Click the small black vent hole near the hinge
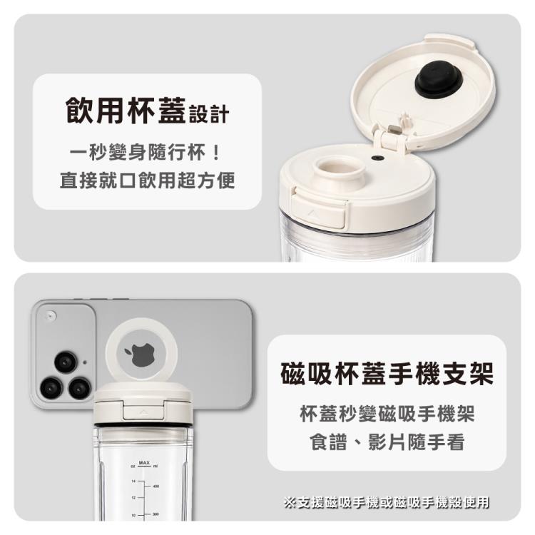tap(377, 158)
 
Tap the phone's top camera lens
tap(66, 362)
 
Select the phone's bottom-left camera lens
tap(51, 388)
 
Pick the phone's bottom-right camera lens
tap(80, 388)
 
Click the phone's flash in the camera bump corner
tap(51, 315)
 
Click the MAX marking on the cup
tap(144, 463)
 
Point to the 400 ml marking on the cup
tap(156, 486)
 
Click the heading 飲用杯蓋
tap(126, 110)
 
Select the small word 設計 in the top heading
tap(209, 114)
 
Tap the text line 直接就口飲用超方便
tap(147, 180)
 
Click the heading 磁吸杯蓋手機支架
tap(387, 374)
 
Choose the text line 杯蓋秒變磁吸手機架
tap(387, 414)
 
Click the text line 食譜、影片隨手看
tap(387, 442)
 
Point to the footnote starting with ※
tap(386, 502)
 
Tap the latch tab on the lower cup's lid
tap(143, 412)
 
